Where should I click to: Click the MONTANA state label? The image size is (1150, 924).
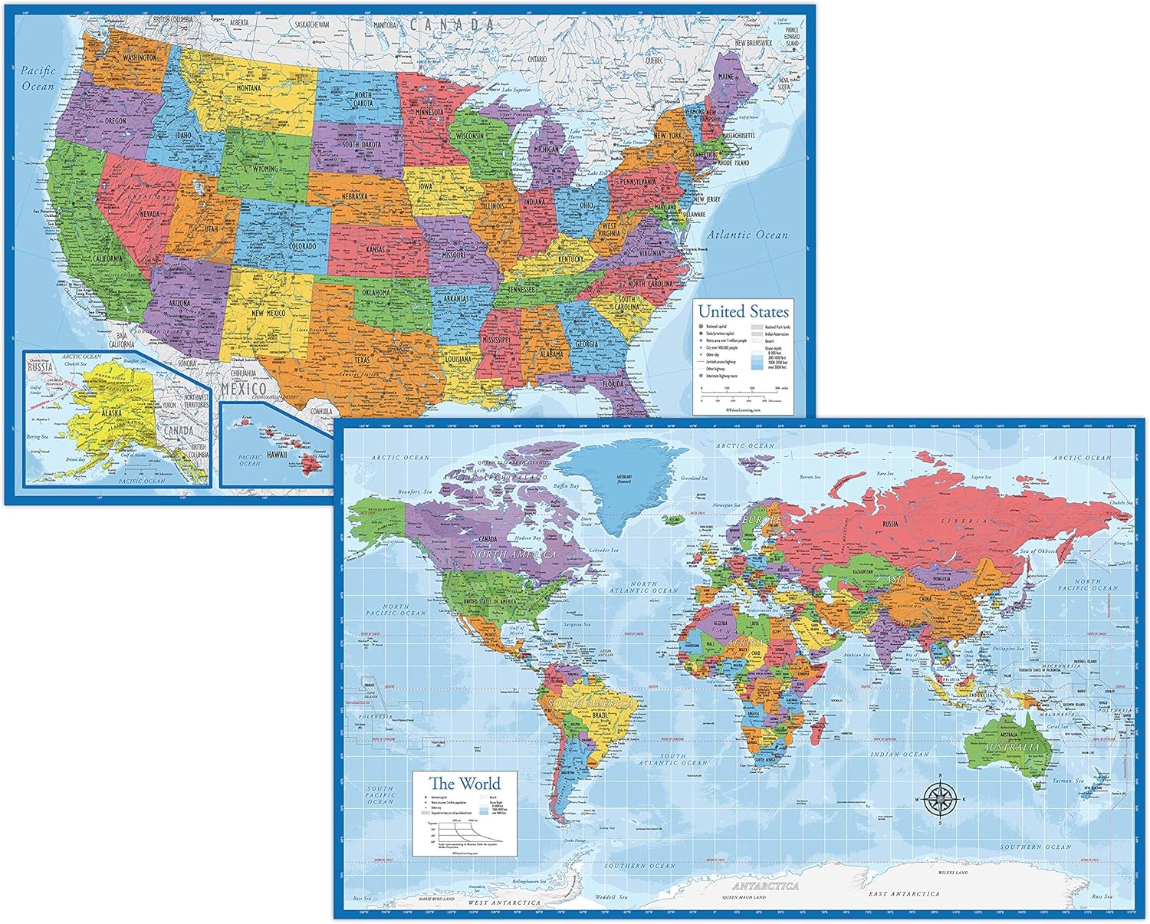(248, 88)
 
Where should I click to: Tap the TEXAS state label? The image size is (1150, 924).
(362, 360)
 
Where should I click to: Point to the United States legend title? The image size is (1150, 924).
(743, 311)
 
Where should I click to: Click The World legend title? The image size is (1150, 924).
(465, 784)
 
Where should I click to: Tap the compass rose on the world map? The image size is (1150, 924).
(939, 799)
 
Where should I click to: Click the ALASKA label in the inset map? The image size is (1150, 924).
(112, 413)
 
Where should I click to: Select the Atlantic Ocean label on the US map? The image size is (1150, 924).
(747, 235)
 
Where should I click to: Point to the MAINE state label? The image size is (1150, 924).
(725, 77)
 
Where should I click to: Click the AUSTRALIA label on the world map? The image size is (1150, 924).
(1012, 747)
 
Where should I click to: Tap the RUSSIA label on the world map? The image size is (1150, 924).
(890, 524)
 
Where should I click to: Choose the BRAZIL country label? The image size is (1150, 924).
(600, 715)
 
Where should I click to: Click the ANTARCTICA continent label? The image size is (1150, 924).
(765, 886)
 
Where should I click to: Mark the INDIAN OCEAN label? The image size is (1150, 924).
(899, 754)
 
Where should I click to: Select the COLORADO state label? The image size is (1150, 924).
(302, 246)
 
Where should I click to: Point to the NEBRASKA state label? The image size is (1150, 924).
(354, 196)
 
